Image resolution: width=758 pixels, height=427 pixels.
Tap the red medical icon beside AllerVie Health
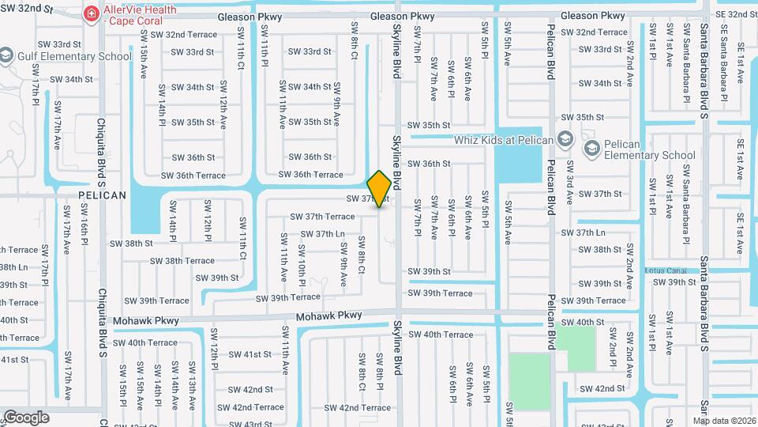pyautogui.click(x=92, y=13)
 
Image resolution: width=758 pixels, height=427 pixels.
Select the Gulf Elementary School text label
pyautogui.click(x=77, y=56)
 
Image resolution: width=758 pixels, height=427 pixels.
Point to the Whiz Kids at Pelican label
pyautogui.click(x=504, y=139)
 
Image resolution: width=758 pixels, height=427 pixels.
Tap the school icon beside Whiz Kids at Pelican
pyautogui.click(x=565, y=139)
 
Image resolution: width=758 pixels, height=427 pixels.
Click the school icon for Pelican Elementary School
pyautogui.click(x=591, y=148)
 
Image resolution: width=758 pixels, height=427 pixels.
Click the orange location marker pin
pyautogui.click(x=380, y=188)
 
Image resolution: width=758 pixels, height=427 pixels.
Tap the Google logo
pyautogui.click(x=26, y=417)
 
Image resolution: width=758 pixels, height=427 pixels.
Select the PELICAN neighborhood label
pyautogui.click(x=102, y=195)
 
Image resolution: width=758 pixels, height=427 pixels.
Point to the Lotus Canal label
pyautogui.click(x=662, y=270)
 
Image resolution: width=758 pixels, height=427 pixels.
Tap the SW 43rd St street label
pyautogui.click(x=250, y=424)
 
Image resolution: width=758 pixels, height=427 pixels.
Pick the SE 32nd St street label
pyautogui.click(x=735, y=14)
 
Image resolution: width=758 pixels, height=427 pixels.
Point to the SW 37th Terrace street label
pyautogui.click(x=322, y=216)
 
